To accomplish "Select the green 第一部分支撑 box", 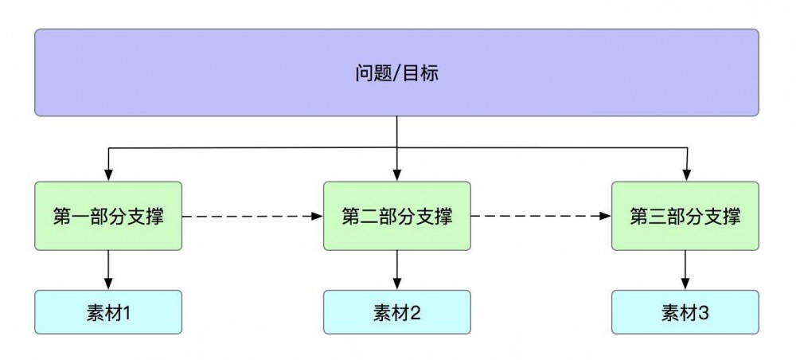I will coord(108,216).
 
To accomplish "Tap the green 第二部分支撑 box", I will coord(396,216).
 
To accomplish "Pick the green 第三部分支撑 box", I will coord(685,216).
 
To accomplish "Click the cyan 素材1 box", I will coord(108,312).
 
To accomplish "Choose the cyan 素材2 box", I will coord(396,312).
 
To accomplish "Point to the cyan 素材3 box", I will coord(685,312).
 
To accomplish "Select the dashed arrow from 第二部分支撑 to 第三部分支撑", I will coord(540,216).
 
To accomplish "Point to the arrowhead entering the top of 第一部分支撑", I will coord(108,176).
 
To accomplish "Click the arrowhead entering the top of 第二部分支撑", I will coord(396,176).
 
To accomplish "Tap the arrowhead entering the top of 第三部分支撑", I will coord(686,176).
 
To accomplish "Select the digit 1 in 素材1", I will coord(126,313).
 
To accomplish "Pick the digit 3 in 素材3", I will coord(702,313).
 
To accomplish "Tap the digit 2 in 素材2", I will coord(414,313).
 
